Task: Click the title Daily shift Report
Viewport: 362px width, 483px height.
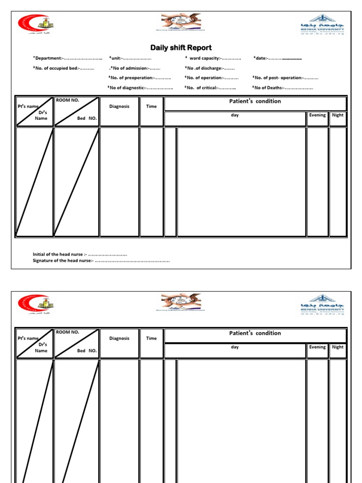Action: (x=181, y=48)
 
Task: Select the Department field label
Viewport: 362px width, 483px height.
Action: (x=48, y=58)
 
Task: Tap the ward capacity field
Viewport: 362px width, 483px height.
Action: (x=214, y=58)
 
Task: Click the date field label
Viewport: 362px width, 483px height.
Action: (x=261, y=58)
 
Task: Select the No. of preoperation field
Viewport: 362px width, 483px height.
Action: (x=140, y=78)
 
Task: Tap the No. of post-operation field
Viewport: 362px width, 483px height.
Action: (x=285, y=78)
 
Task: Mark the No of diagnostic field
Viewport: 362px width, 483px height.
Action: (x=140, y=88)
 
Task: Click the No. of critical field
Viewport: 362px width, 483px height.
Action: (x=210, y=88)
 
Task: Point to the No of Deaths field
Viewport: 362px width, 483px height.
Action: (x=282, y=88)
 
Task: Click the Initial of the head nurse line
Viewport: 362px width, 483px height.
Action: (x=80, y=255)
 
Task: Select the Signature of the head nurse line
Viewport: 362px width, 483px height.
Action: (x=101, y=260)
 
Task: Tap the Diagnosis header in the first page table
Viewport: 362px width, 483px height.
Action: (x=119, y=106)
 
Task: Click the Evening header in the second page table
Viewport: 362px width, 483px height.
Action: (x=317, y=347)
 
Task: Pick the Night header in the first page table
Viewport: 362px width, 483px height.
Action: (x=337, y=115)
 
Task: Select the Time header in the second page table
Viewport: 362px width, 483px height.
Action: (x=151, y=338)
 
